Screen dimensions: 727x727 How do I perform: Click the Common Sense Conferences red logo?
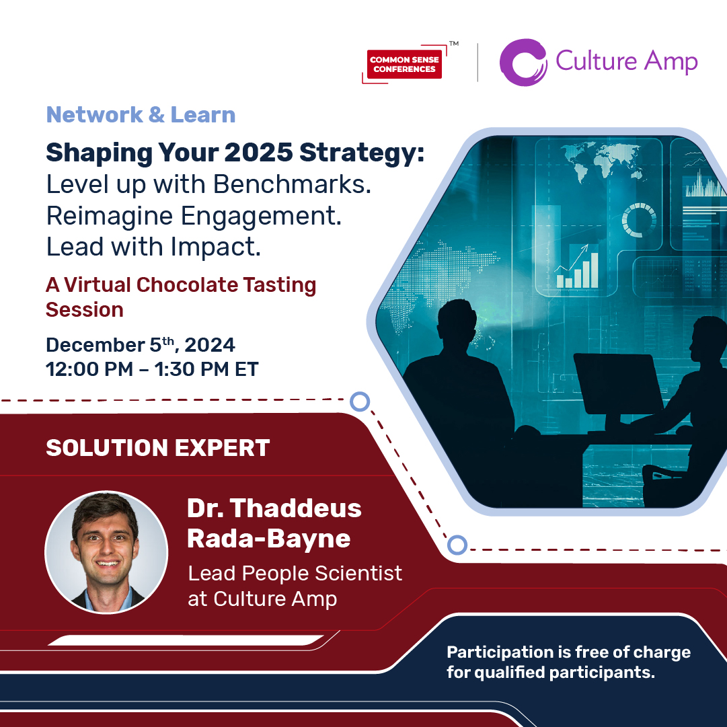(x=404, y=65)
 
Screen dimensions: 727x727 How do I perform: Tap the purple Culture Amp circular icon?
(x=522, y=63)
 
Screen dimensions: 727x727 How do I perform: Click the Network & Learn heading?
(x=141, y=114)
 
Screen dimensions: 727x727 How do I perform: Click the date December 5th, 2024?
(x=140, y=345)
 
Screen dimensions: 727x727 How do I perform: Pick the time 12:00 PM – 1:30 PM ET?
(x=152, y=369)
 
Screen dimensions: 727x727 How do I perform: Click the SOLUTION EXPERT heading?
(x=157, y=448)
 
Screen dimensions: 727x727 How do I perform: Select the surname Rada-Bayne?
(x=268, y=538)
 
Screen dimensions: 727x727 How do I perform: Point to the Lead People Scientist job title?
(x=295, y=574)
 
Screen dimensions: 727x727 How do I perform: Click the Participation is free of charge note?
(x=568, y=662)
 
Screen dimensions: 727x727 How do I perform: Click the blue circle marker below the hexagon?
(x=457, y=544)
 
